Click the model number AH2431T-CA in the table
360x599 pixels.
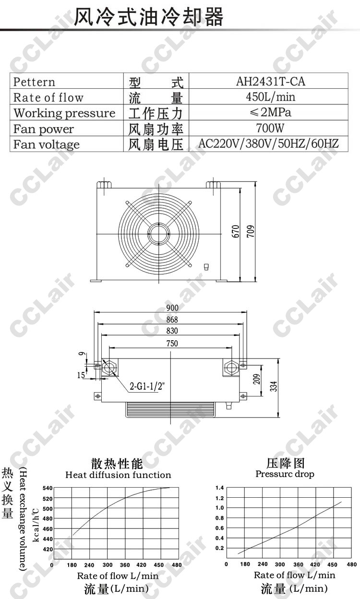coord(270,81)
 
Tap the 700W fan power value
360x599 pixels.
coord(270,128)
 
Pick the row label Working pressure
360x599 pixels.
coord(64,113)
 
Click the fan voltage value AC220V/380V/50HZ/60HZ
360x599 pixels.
coord(268,144)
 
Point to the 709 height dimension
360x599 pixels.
coord(251,231)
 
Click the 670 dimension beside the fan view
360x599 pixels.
coord(235,231)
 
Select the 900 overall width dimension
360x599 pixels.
coord(172,308)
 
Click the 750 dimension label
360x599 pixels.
coord(172,343)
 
